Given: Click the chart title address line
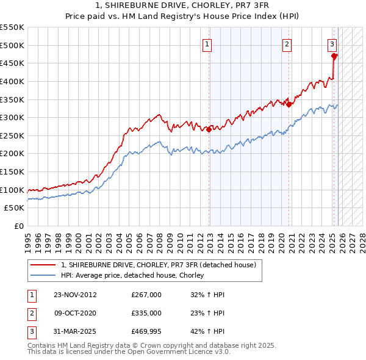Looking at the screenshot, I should (x=183, y=5).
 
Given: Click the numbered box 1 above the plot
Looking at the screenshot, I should (x=208, y=43).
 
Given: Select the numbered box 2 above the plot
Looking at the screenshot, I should (x=287, y=43).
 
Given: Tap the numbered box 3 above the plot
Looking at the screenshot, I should (x=332, y=43).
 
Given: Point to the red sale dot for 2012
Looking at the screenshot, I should (x=209, y=129).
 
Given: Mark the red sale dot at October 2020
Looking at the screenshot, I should (x=289, y=104).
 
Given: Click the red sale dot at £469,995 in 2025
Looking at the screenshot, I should (x=334, y=56).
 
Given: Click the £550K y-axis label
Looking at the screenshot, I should (x=13, y=27).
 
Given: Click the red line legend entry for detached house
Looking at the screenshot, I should (x=162, y=265).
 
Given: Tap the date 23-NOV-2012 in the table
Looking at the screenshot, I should (x=75, y=295).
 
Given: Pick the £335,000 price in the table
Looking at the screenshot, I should (x=146, y=313).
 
